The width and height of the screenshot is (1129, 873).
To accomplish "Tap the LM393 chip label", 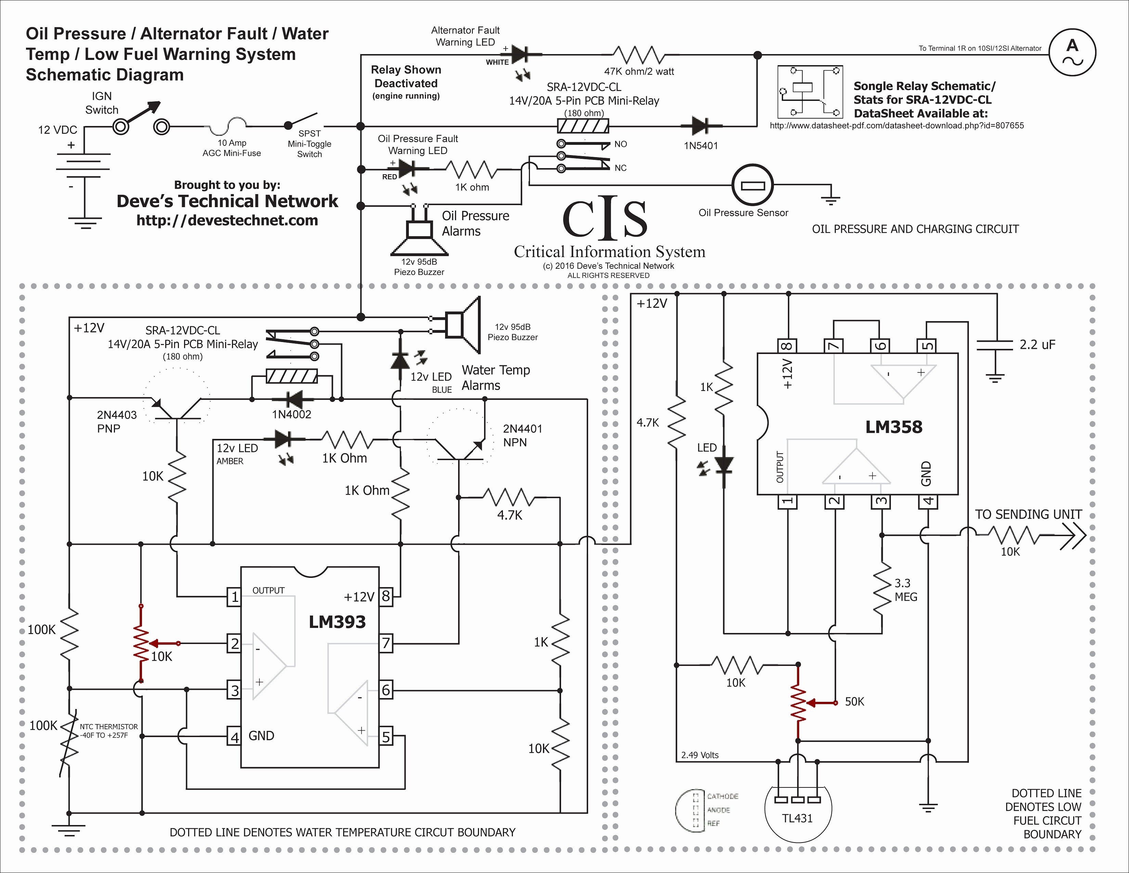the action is pyautogui.click(x=337, y=622).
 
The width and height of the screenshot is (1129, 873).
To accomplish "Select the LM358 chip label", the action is pyautogui.click(x=894, y=427).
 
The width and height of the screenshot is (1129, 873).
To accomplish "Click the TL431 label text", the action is pyautogui.click(x=797, y=818).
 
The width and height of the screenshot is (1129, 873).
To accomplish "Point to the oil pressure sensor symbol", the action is pyautogui.click(x=752, y=185).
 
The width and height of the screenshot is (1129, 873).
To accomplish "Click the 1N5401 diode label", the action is pyautogui.click(x=701, y=146).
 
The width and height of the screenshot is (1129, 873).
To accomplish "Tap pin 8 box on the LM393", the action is pyautogui.click(x=386, y=597).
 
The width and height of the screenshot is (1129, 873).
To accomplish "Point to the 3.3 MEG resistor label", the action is pyautogui.click(x=906, y=590).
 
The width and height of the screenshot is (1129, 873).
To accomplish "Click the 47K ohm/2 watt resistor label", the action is pyautogui.click(x=639, y=71).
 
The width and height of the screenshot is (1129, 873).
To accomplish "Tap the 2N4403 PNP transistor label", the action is pyautogui.click(x=117, y=421).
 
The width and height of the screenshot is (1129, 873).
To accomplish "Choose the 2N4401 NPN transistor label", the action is pyautogui.click(x=523, y=435).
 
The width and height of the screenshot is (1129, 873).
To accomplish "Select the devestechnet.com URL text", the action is pyautogui.click(x=227, y=220).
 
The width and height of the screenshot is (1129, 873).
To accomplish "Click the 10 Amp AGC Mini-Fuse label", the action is pyautogui.click(x=232, y=148).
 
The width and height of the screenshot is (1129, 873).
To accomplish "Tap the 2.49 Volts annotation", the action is pyautogui.click(x=700, y=755).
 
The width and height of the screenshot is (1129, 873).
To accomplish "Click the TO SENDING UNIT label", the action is pyautogui.click(x=1028, y=515).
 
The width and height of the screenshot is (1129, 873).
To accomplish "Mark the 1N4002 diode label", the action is pyautogui.click(x=291, y=414).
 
